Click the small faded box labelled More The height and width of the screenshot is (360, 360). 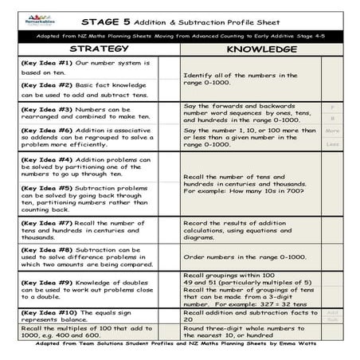point(333,131)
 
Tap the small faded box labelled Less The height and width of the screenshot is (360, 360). point(333,144)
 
